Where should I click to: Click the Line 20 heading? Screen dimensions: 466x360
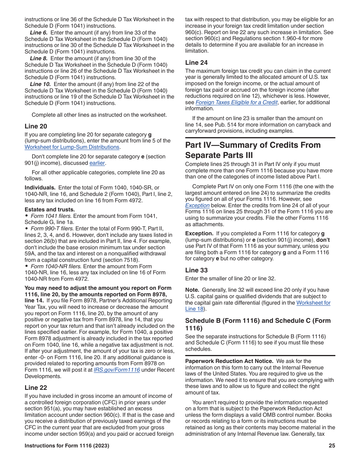coord(36,126)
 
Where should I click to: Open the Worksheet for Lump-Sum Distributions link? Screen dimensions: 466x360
coord(72,147)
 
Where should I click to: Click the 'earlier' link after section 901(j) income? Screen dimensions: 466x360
coord(97,163)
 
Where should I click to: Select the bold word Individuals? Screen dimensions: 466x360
coord(40,188)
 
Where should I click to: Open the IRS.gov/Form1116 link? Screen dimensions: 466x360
coord(117,370)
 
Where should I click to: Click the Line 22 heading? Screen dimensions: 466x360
coord(36,388)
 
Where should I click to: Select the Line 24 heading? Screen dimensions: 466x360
coord(196,63)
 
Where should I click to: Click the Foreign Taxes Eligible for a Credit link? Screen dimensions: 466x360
coord(237,102)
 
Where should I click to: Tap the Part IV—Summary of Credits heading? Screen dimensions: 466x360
coord(253,150)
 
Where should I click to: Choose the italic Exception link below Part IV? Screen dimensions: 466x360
coord(197,205)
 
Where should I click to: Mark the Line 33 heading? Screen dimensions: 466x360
coord(196,270)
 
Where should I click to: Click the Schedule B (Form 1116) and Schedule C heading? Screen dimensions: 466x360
coord(258,324)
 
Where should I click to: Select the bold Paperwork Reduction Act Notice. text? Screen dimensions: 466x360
coord(229,361)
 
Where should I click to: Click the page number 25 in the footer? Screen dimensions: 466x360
coord(332,446)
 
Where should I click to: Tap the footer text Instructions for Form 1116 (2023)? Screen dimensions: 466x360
coord(67,446)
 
